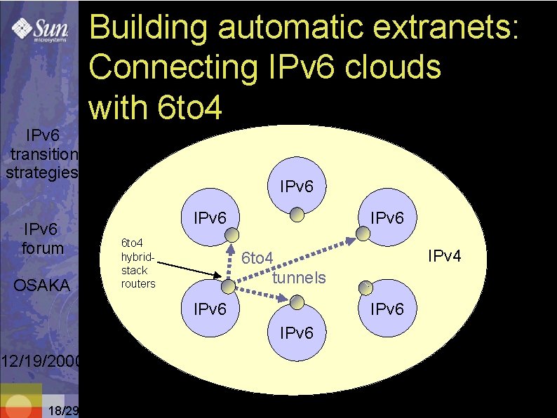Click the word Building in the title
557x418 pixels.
(149, 29)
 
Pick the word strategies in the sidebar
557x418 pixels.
(41, 172)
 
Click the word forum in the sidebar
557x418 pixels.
(43, 248)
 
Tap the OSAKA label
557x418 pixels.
(42, 285)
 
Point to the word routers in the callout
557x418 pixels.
(137, 283)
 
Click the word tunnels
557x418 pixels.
(299, 278)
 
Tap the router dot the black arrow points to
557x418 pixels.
(229, 286)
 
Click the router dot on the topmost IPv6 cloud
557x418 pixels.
(297, 213)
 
